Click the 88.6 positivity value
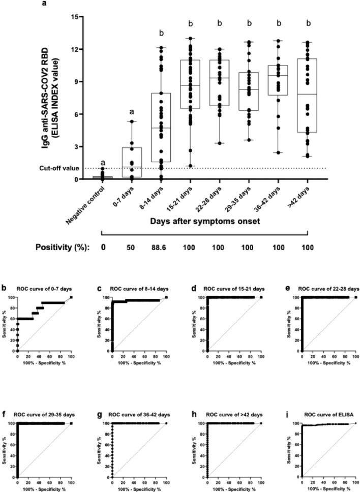[161, 248]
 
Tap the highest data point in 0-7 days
[132, 121]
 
